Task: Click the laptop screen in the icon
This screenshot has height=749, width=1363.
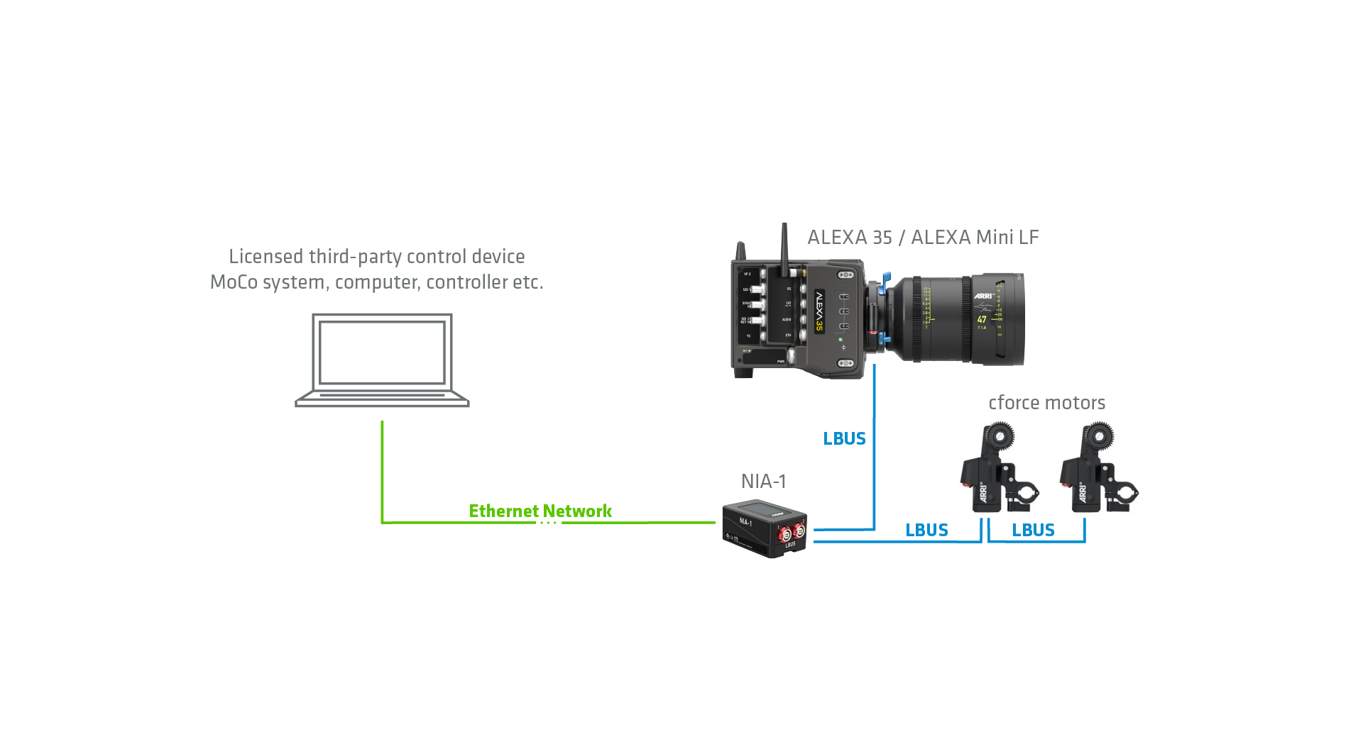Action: click(382, 353)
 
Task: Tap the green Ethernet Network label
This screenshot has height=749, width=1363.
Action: click(540, 511)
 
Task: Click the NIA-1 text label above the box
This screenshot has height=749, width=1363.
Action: click(763, 482)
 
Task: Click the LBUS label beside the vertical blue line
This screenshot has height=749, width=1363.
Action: click(844, 439)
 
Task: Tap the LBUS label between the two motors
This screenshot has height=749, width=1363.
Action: click(1033, 531)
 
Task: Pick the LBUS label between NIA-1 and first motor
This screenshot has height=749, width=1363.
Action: click(926, 531)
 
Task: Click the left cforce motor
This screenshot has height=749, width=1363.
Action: click(998, 470)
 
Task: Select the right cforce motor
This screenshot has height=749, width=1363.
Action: click(1097, 470)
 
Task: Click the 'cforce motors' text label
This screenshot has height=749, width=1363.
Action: click(1046, 403)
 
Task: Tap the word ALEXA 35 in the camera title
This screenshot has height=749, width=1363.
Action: click(849, 238)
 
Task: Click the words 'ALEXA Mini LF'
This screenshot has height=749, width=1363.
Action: click(975, 238)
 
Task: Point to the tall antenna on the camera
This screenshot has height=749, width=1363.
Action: click(784, 248)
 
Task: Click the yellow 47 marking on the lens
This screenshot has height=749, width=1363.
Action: click(982, 320)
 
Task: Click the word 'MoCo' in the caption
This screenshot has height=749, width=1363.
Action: click(234, 282)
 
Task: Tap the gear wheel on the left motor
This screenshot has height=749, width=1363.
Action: click(1001, 435)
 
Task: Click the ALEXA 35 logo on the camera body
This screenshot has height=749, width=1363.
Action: click(819, 311)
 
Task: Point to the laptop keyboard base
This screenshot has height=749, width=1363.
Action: click(382, 399)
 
